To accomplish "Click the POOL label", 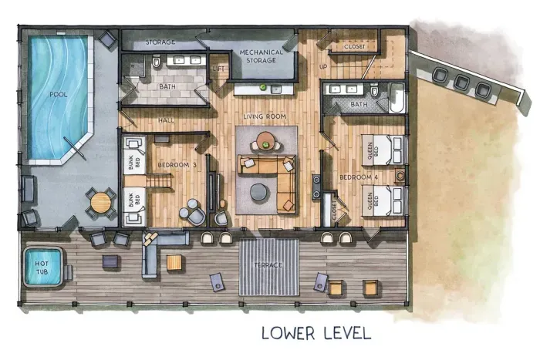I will pyautogui.click(x=58, y=94).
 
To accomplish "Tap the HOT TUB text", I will pyautogui.click(x=42, y=267).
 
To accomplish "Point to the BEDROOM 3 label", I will pyautogui.click(x=177, y=164).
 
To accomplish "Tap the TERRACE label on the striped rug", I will pyautogui.click(x=269, y=265).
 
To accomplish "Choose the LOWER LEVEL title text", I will pyautogui.click(x=316, y=334).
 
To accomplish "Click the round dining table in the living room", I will pyautogui.click(x=265, y=140).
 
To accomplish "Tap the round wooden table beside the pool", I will pyautogui.click(x=100, y=202).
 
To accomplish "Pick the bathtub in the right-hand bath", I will pyautogui.click(x=396, y=99).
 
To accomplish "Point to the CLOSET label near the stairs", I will pyautogui.click(x=354, y=47).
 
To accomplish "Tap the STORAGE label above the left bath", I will pyautogui.click(x=160, y=42).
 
